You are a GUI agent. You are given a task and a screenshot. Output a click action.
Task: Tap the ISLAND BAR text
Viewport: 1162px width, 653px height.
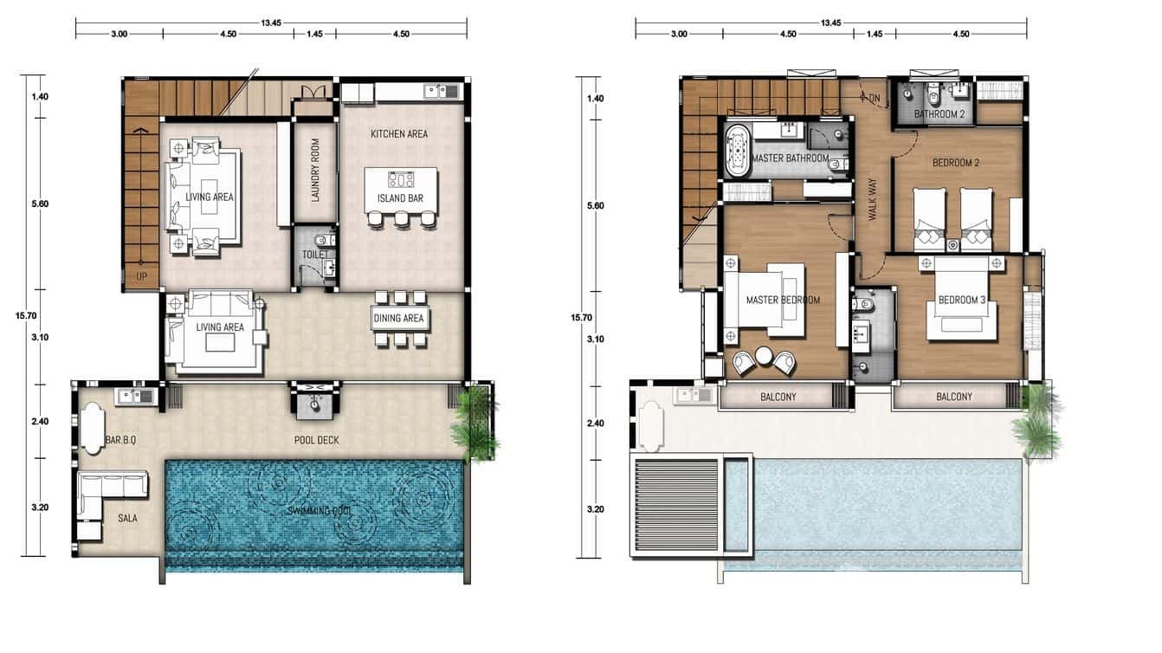(400, 197)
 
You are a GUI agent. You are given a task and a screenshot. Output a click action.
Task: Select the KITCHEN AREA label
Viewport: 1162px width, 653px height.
(399, 134)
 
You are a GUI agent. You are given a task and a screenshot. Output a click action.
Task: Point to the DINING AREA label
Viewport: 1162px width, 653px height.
(400, 318)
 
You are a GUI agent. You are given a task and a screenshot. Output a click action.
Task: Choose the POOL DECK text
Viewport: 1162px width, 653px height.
(315, 440)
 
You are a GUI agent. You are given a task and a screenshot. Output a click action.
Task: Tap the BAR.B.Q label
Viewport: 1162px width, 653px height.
(120, 440)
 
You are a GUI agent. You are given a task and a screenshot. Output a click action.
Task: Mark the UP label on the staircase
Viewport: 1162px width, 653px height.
(141, 276)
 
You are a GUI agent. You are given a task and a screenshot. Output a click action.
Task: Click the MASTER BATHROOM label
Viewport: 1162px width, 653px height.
(791, 159)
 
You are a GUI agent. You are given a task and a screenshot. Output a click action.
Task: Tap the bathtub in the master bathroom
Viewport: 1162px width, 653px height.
(739, 151)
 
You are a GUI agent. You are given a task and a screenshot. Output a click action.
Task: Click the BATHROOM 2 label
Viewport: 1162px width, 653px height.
(939, 114)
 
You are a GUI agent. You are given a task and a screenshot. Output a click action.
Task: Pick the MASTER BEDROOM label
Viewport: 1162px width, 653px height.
(783, 301)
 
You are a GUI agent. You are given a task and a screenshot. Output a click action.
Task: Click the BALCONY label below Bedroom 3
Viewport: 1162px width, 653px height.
(953, 397)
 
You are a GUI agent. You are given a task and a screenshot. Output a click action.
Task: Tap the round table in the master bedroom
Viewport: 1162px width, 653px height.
(764, 356)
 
